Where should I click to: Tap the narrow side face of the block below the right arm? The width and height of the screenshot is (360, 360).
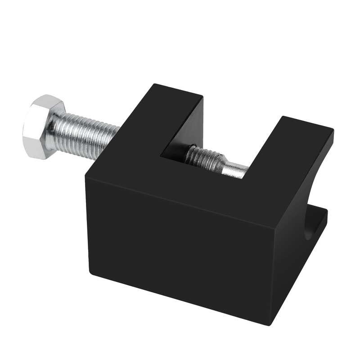point(292,252)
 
